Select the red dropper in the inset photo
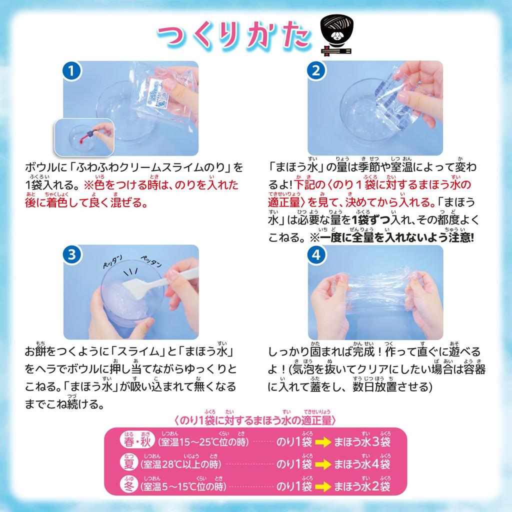pyautogui.click(x=92, y=135)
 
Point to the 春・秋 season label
pyautogui.click(x=136, y=442)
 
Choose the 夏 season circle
pyautogui.click(x=129, y=464)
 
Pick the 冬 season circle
pyautogui.click(x=129, y=485)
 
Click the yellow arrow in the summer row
pyautogui.click(x=323, y=464)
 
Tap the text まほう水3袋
pyautogui.click(x=362, y=442)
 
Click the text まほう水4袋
pyautogui.click(x=362, y=464)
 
